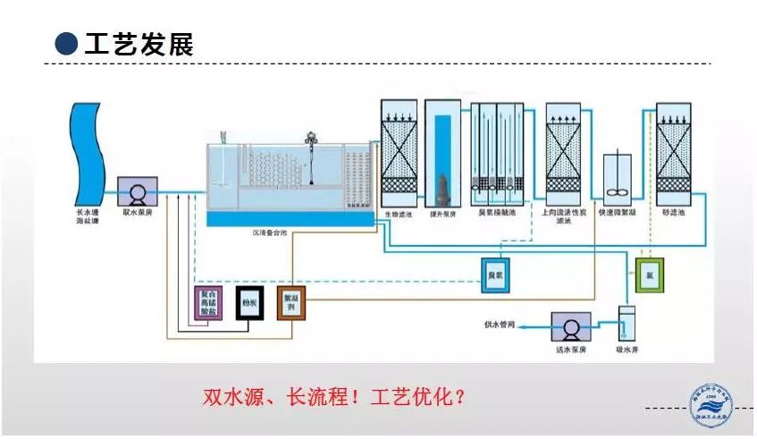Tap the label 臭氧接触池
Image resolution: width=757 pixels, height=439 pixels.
[x=495, y=215]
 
